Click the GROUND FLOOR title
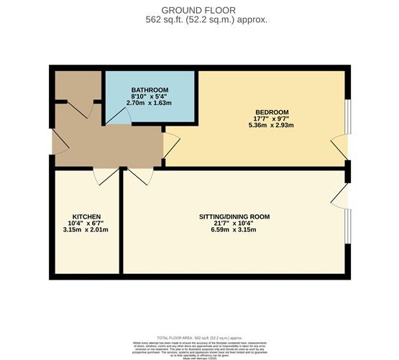coord(199,9)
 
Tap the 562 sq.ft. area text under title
coord(199,20)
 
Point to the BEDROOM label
coord(272,111)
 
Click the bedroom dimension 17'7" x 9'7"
coord(272,119)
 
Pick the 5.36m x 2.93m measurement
coord(272,126)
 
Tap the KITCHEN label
coord(86,216)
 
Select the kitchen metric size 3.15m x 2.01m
coord(86,230)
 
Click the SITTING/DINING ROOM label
coord(234,216)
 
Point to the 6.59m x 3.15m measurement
coord(234,230)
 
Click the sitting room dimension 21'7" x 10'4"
coord(234,223)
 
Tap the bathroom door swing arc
coord(120,119)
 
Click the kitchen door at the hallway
coord(106,175)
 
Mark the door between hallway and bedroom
coord(170,145)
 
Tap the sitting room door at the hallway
coord(139,175)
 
